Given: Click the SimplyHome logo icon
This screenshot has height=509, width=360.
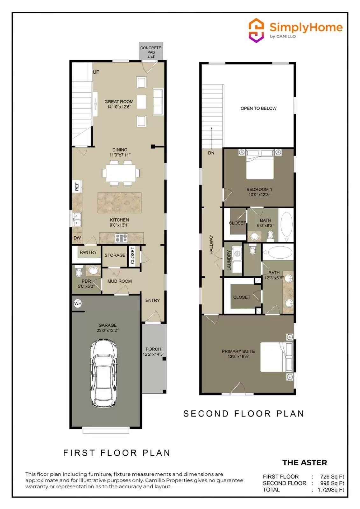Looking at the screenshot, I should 256,30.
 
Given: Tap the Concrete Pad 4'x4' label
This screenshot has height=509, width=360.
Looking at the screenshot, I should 151,52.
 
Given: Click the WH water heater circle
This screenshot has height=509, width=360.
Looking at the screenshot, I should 77,303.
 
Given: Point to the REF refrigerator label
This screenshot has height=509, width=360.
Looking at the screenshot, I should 77,186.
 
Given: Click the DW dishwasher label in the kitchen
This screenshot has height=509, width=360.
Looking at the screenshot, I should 77,238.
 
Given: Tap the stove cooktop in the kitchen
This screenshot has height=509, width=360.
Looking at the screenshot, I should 121,238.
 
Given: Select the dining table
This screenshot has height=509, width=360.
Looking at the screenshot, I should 121,173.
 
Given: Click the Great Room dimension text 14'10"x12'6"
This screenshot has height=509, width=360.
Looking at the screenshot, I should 119,107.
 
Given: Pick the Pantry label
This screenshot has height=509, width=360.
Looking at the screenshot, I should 88,252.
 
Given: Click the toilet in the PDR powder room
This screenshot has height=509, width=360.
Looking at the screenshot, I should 79,272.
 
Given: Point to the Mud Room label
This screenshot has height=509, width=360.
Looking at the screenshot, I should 119,281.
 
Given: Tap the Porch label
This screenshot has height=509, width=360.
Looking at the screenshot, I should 153,349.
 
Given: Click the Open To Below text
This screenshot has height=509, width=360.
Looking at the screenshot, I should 258,108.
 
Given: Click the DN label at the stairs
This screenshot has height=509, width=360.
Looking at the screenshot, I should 211,153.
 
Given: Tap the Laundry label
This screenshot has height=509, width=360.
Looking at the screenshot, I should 229,260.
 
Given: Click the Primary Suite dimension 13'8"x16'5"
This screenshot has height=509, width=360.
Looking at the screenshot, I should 238,357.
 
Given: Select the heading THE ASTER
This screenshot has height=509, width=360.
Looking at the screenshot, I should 305,463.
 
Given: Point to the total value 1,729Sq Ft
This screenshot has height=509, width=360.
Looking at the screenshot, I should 331,490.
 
